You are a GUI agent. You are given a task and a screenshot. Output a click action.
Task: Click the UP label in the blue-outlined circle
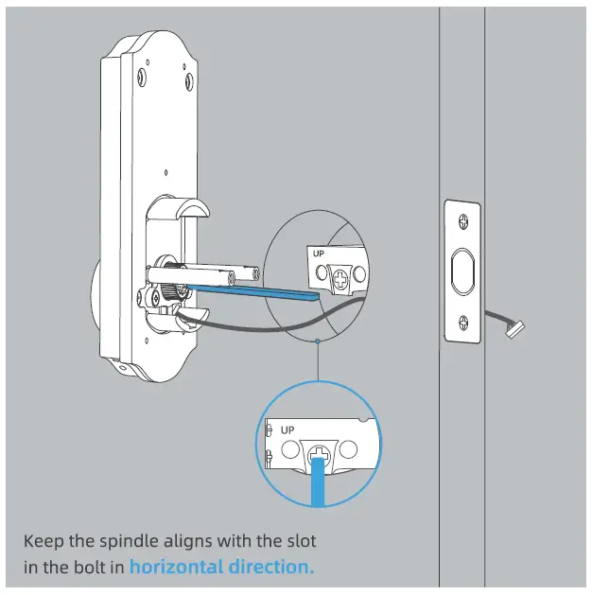(287, 429)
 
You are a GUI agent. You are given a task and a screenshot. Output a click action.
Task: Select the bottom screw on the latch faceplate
(461, 319)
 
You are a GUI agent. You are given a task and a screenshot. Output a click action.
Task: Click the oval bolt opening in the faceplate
(461, 271)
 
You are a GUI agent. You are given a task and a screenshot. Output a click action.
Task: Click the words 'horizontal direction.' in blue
(221, 568)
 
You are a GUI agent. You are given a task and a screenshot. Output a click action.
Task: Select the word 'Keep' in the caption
(44, 541)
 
